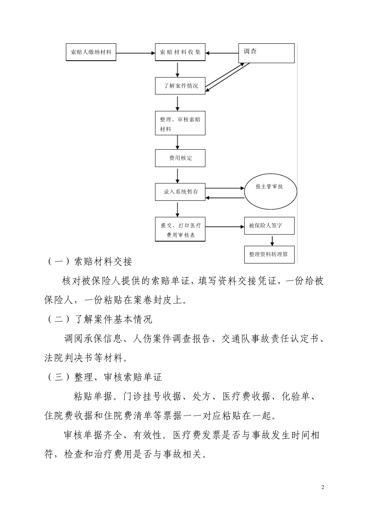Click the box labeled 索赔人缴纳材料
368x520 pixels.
click(91, 52)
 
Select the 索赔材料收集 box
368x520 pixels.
click(180, 52)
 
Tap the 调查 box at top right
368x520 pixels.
click(266, 53)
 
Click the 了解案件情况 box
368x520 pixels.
click(180, 86)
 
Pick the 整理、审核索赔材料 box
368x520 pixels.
click(180, 124)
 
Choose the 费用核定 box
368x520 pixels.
click(180, 158)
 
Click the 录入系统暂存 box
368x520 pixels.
click(180, 192)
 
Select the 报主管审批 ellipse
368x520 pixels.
click(270, 191)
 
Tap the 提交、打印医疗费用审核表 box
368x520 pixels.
click(180, 230)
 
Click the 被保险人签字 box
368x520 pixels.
click(269, 226)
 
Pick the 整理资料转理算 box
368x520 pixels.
click(269, 255)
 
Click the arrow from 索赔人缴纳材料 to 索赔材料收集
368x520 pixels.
click(136, 53)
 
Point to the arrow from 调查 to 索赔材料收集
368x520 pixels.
click(222, 53)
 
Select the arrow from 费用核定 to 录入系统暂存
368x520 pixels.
click(178, 175)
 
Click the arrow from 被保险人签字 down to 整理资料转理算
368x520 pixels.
click(272, 240)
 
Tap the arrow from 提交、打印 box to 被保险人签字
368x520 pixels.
click(225, 227)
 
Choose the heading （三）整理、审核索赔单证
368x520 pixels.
click(105, 377)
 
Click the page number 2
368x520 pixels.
click(323, 487)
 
